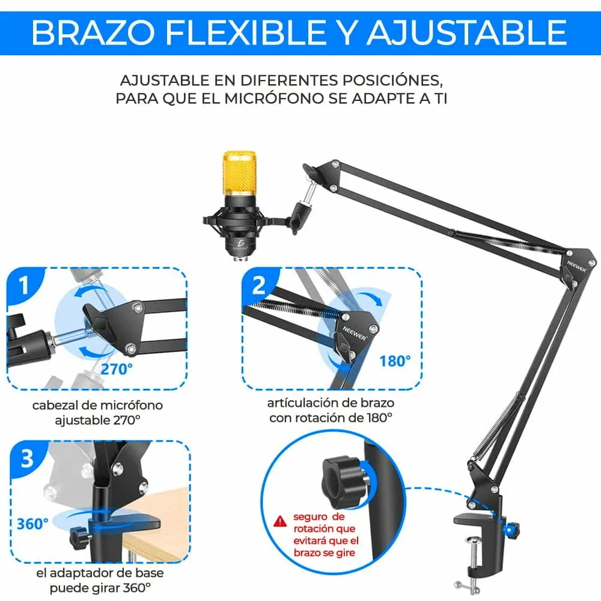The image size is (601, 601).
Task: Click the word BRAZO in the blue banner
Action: pyautogui.click(x=93, y=32)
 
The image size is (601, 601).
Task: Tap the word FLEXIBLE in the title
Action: pyautogui.click(x=246, y=32)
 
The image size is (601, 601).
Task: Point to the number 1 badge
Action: pyautogui.click(x=24, y=285)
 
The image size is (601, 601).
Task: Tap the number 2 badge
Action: pyautogui.click(x=259, y=285)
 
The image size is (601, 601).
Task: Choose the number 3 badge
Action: pyautogui.click(x=27, y=458)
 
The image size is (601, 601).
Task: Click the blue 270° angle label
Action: pyautogui.click(x=117, y=369)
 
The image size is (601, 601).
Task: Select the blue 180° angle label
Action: pyautogui.click(x=395, y=361)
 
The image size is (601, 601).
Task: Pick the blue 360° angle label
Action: pyautogui.click(x=32, y=523)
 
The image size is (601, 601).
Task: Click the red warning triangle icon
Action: pyautogui.click(x=280, y=521)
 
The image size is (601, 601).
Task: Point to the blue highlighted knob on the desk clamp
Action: pyautogui.click(x=510, y=530)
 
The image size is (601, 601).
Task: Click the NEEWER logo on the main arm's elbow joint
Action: pyautogui.click(x=576, y=266)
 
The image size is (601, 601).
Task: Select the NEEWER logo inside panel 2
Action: pyautogui.click(x=355, y=334)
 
